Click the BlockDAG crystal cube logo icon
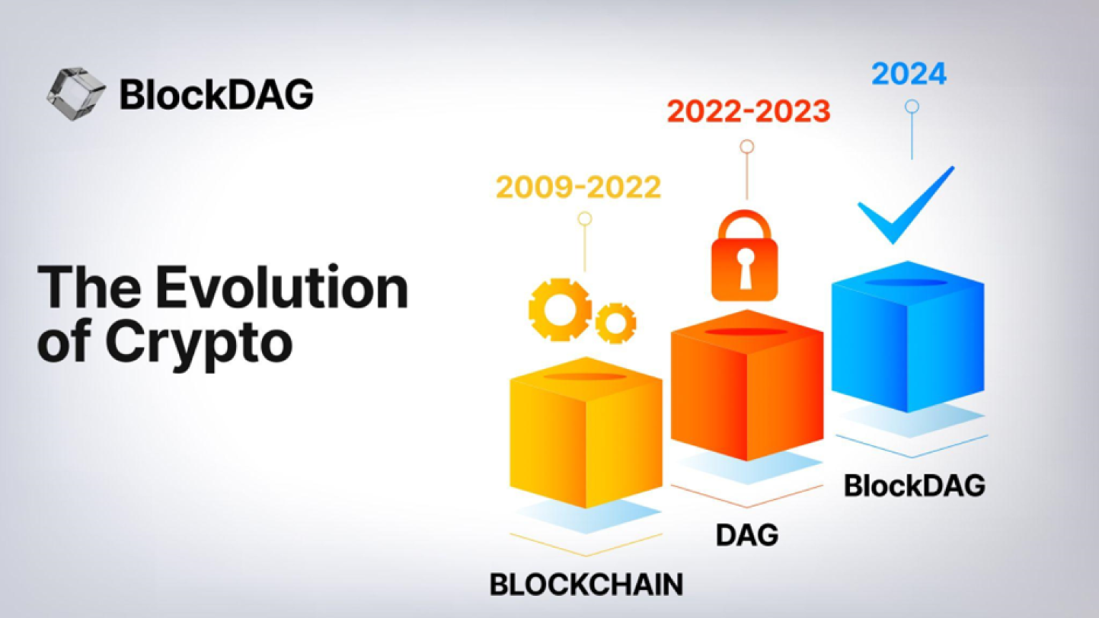point(75,94)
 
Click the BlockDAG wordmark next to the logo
point(216,94)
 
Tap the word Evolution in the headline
point(282,288)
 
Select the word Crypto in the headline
point(199,342)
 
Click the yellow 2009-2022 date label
point(578,187)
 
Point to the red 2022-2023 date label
point(748,112)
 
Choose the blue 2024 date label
point(909,74)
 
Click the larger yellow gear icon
point(560,310)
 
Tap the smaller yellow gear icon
point(615,323)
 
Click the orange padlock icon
point(744,257)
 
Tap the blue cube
point(907,336)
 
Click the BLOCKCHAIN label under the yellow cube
point(586,584)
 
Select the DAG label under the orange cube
point(747,535)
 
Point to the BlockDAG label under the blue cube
point(914,486)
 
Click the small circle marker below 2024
point(912,107)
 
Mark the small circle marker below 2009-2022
point(585,219)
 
